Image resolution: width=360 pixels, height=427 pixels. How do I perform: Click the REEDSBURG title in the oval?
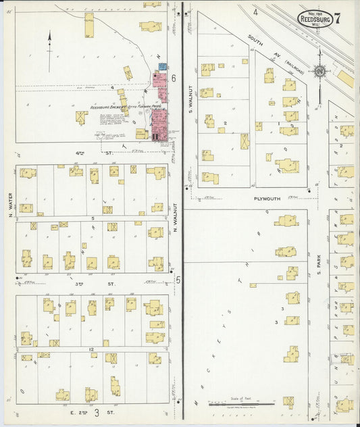(x=315, y=20)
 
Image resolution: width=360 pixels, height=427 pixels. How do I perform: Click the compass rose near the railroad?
(x=319, y=70)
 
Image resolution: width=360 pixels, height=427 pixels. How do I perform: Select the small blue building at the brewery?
(x=163, y=67)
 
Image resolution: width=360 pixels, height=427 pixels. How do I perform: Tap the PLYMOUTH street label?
(x=267, y=199)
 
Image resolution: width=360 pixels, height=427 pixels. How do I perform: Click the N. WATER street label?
(x=11, y=218)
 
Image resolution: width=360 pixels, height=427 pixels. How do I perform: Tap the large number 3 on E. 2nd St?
(x=97, y=411)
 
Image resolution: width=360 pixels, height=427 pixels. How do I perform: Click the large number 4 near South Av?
(x=255, y=12)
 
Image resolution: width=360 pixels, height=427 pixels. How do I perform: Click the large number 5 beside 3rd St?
(x=178, y=279)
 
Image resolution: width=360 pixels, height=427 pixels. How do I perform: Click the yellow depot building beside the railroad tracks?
(x=345, y=78)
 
